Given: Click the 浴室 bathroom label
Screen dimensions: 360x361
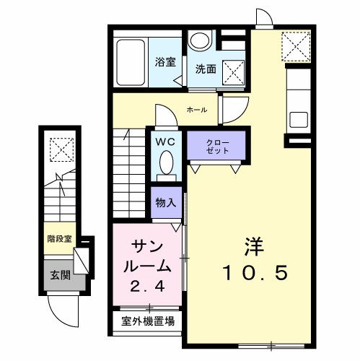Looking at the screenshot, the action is (165, 62).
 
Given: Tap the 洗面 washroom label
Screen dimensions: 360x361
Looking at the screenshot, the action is (206, 69).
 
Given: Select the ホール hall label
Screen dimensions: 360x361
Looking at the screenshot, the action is (197, 110).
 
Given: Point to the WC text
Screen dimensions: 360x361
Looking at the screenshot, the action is (165, 142).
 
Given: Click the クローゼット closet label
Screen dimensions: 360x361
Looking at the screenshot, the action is (218, 147).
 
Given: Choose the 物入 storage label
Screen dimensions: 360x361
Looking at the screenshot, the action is (166, 202).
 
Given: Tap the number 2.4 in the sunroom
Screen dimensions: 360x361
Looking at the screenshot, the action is (147, 287).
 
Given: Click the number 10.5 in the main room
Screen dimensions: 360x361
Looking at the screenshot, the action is (255, 273).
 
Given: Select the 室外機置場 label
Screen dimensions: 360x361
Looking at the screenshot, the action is (148, 321).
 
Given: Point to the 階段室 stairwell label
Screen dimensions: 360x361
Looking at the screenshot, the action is (60, 239).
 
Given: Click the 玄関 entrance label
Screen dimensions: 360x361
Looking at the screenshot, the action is (61, 275).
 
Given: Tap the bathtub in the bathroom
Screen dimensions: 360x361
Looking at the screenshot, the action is (131, 63).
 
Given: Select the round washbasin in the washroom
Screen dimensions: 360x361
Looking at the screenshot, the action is (199, 40).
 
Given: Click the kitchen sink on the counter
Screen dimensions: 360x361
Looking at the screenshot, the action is (299, 120).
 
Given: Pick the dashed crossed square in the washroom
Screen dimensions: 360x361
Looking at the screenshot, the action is (233, 72).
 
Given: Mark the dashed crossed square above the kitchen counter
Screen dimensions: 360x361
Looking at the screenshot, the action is (296, 46).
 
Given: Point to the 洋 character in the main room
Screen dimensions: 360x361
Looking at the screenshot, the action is (254, 246).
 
